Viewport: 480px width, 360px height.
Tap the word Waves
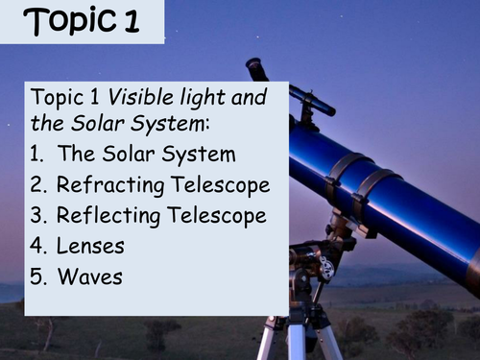tap(90, 277)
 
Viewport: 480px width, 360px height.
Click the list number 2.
tap(37, 183)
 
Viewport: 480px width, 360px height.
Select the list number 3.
tap(37, 215)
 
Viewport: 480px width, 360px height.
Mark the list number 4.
tap(37, 246)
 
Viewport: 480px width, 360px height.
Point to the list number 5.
tap(37, 277)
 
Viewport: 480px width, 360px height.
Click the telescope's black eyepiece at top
tap(256, 69)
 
